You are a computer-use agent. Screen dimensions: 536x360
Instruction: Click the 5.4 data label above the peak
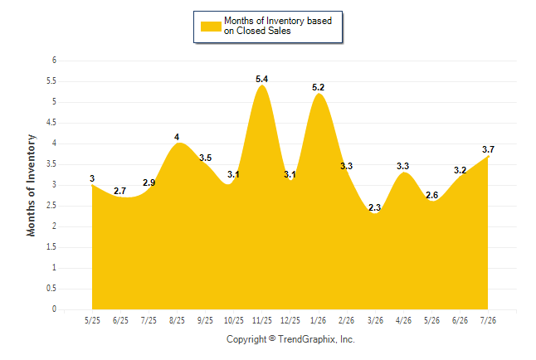[x=262, y=79]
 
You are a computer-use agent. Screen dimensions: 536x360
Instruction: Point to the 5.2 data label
[x=319, y=87]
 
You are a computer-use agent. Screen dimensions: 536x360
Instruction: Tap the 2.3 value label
[x=375, y=207]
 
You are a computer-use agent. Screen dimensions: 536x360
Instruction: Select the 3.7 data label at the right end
[x=488, y=149]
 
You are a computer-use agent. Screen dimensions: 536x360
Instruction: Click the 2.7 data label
[x=120, y=191]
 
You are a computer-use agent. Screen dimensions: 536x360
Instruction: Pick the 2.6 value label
[x=431, y=195]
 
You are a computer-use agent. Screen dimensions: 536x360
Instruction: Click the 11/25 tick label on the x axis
[x=262, y=320]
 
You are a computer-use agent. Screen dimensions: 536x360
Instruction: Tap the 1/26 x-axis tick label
[x=319, y=320]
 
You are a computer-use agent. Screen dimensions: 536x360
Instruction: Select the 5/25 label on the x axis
[x=92, y=320]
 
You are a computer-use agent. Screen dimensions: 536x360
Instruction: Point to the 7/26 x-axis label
[x=488, y=320]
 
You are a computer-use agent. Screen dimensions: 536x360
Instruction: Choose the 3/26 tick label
[x=375, y=320]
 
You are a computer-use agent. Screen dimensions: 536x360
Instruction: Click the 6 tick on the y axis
[x=54, y=61]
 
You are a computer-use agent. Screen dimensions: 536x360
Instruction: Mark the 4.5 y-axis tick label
[x=51, y=123]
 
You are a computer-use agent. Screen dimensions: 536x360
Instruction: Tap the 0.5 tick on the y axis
[x=51, y=288]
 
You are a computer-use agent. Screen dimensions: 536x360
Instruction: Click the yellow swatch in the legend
[x=211, y=27]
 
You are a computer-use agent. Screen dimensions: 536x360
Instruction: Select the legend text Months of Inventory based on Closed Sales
[x=278, y=26]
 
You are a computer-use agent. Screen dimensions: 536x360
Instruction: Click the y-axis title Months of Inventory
[x=31, y=185]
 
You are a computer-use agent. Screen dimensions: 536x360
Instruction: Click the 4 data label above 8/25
[x=177, y=137]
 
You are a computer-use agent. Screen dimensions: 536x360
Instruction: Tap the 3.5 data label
[x=206, y=158]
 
